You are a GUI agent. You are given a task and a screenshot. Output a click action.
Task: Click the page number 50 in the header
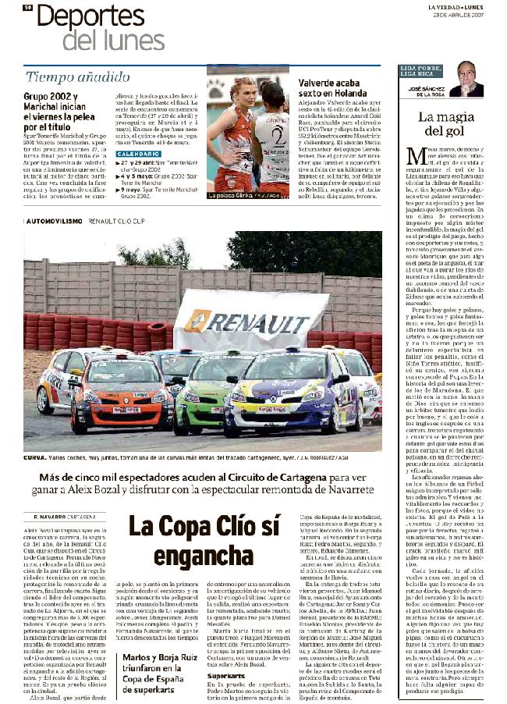[x=27, y=7]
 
